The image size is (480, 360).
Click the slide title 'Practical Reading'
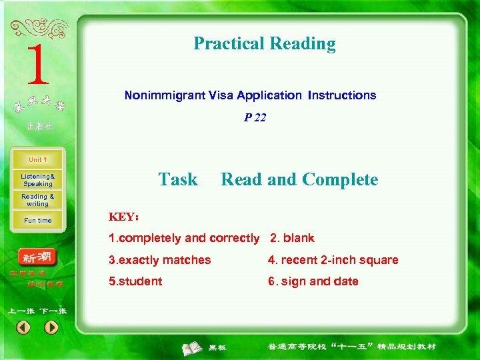[x=265, y=44]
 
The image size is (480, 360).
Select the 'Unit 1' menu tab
[x=38, y=160]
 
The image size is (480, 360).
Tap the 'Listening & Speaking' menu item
[x=38, y=180]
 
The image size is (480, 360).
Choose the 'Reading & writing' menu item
[x=38, y=200]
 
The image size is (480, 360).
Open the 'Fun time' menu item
[x=38, y=221]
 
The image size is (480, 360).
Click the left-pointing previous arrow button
[x=23, y=327]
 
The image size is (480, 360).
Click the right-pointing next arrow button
[x=51, y=327]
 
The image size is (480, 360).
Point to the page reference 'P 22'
[x=255, y=117]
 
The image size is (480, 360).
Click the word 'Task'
[x=178, y=180]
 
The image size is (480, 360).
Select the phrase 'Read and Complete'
[x=299, y=180]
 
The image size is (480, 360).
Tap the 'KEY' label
[x=123, y=217]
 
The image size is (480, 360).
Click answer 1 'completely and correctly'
[x=184, y=238]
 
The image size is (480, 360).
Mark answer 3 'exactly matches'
[x=160, y=260]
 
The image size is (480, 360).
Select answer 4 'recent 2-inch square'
[x=333, y=260]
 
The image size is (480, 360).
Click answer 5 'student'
[x=135, y=281]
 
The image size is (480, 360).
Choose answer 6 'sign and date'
[x=313, y=281]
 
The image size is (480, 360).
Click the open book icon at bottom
[x=193, y=347]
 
